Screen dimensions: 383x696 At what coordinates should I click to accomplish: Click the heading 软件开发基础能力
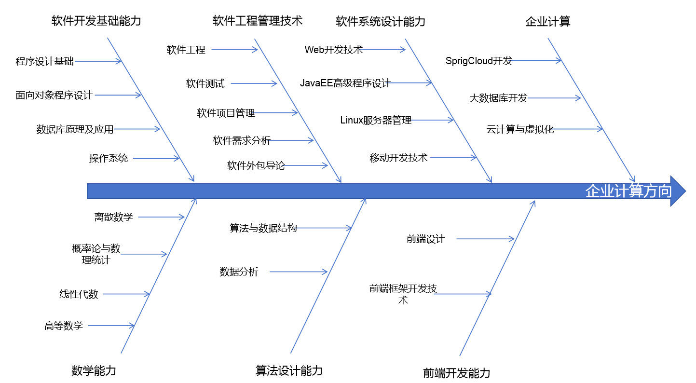[x=96, y=21]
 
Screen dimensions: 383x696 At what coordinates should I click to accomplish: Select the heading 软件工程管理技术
[x=257, y=21]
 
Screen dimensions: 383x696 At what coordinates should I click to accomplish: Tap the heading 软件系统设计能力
[x=381, y=21]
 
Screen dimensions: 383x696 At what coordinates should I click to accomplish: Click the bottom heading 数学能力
[x=94, y=370]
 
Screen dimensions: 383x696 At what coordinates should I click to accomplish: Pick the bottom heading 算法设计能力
[x=288, y=370]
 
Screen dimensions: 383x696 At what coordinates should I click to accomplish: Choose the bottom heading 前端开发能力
[x=456, y=373]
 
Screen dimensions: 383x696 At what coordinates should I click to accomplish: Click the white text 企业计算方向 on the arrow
[x=628, y=191]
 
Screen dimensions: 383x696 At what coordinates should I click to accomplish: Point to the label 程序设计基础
[x=45, y=61]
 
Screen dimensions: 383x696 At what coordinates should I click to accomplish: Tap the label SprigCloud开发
[x=478, y=61]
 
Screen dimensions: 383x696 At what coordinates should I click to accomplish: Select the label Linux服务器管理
[x=376, y=121]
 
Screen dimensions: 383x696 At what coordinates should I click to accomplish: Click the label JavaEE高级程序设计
[x=345, y=83]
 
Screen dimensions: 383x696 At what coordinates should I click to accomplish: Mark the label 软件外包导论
[x=256, y=166]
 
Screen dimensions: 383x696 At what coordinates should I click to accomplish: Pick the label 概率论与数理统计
[x=96, y=254]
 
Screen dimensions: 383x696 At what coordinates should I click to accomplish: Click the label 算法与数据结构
[x=263, y=228]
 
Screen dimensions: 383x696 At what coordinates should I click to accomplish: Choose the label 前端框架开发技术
[x=403, y=294]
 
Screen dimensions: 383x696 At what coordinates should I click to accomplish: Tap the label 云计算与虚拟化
[x=520, y=129]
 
